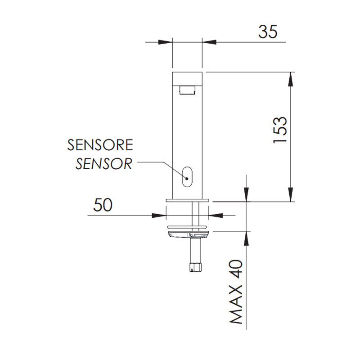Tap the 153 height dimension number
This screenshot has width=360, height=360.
pyautogui.click(x=279, y=130)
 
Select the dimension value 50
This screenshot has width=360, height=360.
pyautogui.click(x=102, y=205)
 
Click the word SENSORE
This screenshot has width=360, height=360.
pyautogui.click(x=100, y=145)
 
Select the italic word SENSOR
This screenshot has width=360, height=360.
pyautogui.click(x=103, y=163)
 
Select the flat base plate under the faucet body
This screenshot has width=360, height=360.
pyautogui.click(x=187, y=199)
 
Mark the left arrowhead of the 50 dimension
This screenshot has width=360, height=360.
pyautogui.click(x=160, y=215)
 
